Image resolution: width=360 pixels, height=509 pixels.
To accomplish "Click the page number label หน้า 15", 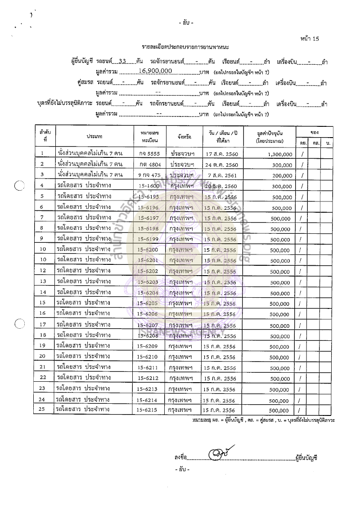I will [310, 40].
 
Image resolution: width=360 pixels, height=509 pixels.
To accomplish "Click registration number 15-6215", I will [148, 410].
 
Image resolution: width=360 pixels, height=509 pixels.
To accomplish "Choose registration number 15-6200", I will [148, 249].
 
